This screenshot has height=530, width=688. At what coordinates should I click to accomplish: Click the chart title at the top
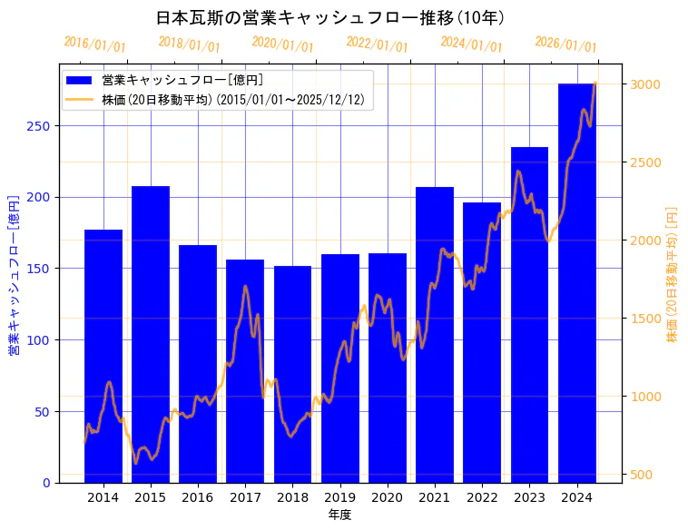click(x=330, y=18)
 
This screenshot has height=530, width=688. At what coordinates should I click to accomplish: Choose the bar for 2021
click(x=435, y=335)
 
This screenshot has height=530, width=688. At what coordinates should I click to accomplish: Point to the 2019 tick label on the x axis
click(x=339, y=497)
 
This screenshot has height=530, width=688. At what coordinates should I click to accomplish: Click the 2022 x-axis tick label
click(x=482, y=497)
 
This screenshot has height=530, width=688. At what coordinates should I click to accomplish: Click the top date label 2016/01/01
click(x=94, y=44)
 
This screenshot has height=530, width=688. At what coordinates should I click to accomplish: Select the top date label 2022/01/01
click(x=377, y=44)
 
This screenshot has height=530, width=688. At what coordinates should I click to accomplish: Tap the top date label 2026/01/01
click(x=565, y=44)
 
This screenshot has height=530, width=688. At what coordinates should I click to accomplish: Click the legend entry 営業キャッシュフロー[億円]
click(x=182, y=81)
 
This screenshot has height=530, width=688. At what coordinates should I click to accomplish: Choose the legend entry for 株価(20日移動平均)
click(x=232, y=101)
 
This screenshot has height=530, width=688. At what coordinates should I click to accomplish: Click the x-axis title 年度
click(x=339, y=515)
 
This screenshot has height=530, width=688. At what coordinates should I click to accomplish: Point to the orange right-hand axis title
click(x=673, y=273)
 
